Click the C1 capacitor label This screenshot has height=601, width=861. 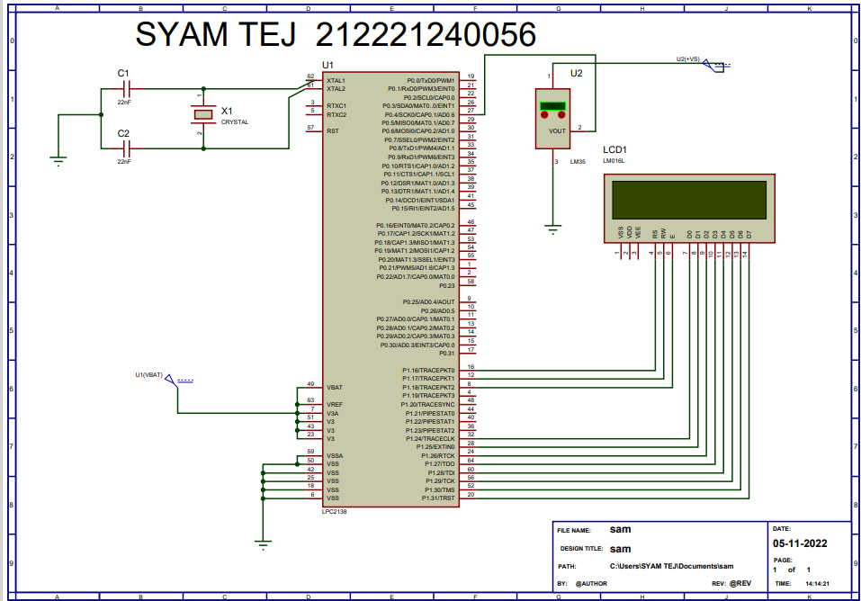(123, 73)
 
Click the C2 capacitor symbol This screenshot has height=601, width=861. (126, 148)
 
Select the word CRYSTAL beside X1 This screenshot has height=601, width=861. (235, 121)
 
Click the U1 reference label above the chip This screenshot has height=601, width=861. (327, 65)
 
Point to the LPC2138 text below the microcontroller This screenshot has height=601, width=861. (334, 511)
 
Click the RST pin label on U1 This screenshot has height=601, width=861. (332, 130)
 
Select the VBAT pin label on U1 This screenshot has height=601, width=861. (334, 387)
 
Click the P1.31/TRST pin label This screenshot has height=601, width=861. (435, 497)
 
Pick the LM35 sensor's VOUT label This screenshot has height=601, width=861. (558, 130)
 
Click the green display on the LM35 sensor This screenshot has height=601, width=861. (552, 106)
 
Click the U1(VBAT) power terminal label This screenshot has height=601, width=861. (150, 374)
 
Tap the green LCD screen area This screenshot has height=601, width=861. (688, 201)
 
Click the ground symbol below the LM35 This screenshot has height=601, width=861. (553, 229)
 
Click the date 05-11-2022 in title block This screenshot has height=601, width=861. (799, 544)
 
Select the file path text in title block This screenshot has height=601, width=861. (666, 566)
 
